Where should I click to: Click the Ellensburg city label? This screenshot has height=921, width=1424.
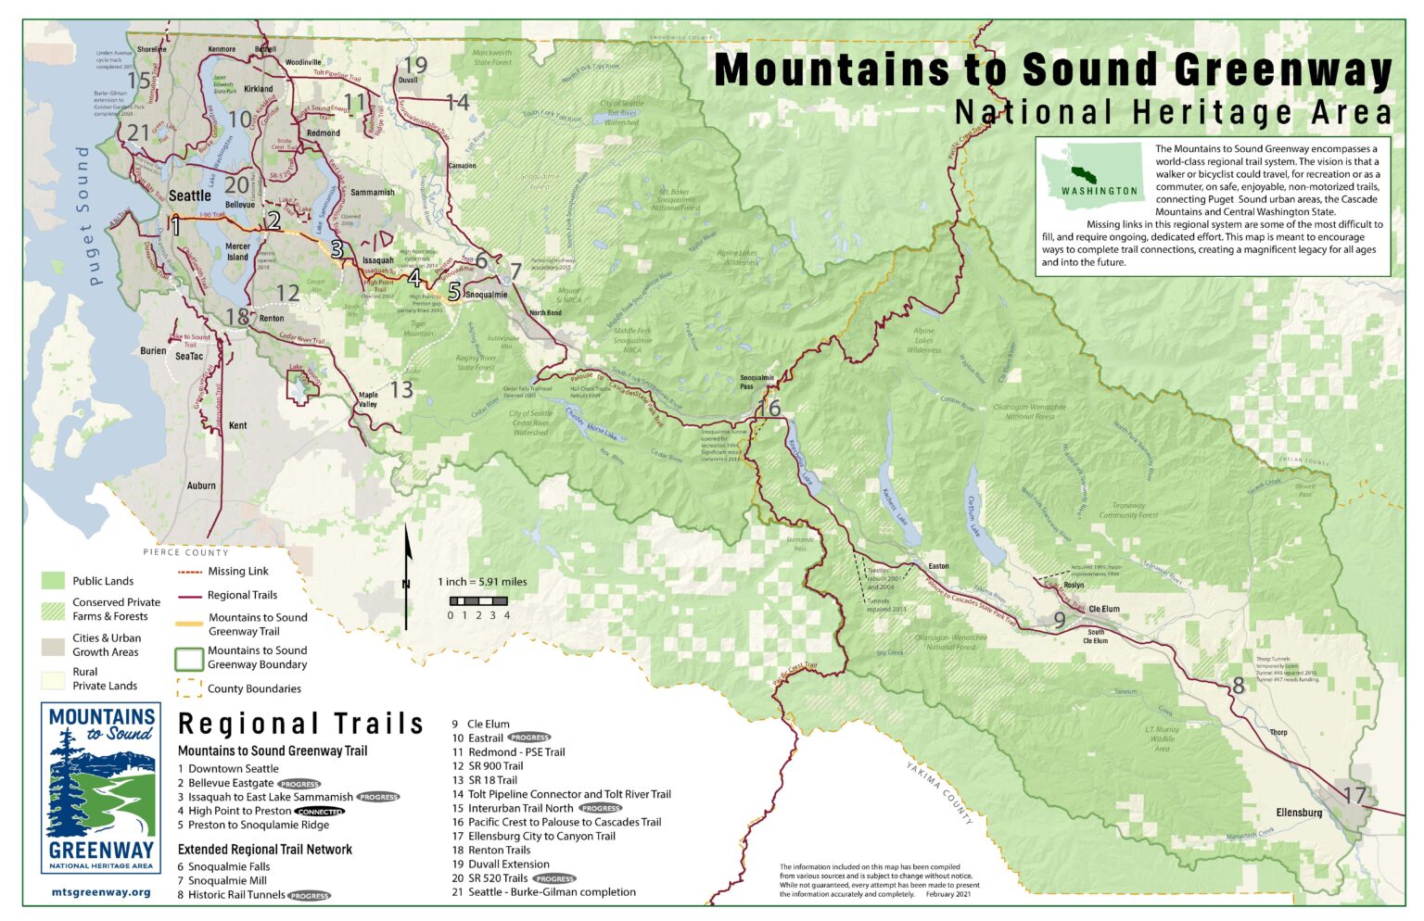[x=1299, y=813]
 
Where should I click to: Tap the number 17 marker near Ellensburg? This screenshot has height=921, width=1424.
[x=1354, y=795]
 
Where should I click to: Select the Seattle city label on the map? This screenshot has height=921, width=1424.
[x=189, y=196]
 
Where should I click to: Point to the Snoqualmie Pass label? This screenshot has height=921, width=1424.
[x=756, y=381]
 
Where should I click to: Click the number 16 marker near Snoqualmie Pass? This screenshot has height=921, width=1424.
[x=769, y=409]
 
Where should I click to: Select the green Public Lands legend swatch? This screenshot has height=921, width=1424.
[x=53, y=581]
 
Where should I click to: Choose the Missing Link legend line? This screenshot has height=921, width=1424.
[x=189, y=572]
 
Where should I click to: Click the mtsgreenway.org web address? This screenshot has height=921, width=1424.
[x=100, y=892]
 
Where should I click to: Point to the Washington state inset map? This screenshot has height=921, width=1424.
[x=1093, y=171]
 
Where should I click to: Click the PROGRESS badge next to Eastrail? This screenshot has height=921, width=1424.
[x=529, y=738]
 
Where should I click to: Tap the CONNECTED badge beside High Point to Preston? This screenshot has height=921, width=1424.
[x=320, y=811]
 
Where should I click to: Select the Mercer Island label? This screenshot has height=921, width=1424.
[x=237, y=252]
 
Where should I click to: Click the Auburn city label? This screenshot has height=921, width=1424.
[x=201, y=485]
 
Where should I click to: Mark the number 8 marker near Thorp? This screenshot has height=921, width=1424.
[x=1238, y=687]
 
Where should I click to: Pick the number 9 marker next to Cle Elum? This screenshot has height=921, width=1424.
[x=1059, y=621]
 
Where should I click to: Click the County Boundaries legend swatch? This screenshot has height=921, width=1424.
[x=189, y=688]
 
